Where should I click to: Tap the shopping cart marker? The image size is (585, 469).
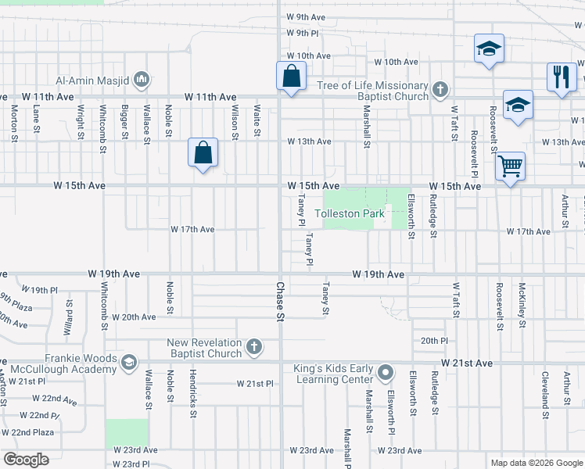pos(510,166)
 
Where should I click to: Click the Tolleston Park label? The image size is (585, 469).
pos(350,213)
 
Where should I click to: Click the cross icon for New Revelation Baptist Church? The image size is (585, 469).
pos(253,346)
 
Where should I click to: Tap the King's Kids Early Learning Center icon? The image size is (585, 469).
pos(385,373)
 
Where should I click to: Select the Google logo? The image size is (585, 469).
pos(26,460)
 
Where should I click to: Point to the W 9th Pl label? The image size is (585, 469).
pos(303,33)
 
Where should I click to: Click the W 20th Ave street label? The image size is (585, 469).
pos(134,317)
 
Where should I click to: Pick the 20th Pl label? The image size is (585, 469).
pos(434,341)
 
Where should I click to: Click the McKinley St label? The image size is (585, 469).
pos(521,308)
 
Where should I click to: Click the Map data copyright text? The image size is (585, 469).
pos(537,463)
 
